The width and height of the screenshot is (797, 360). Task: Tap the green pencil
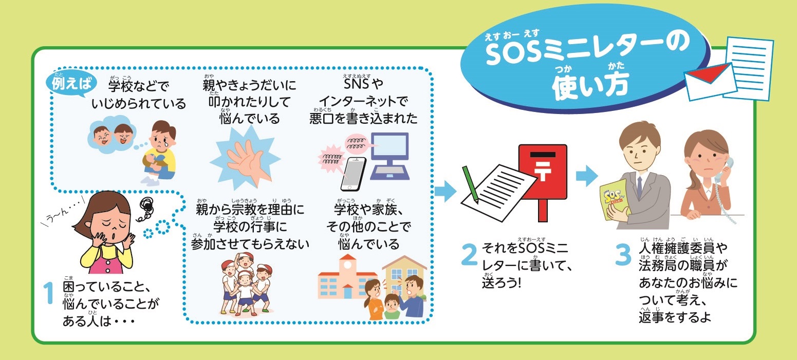[470, 184]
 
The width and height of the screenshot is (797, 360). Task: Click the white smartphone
[354, 174]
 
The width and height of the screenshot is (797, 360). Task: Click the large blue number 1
[48, 293]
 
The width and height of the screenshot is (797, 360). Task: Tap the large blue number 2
[470, 254]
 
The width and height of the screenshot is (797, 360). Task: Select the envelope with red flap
[710, 81]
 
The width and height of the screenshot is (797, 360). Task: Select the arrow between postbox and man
[587, 176]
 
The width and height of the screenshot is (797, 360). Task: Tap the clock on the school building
[347, 265]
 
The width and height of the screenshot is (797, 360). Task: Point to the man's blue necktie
[639, 186]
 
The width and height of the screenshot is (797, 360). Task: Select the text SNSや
[363, 84]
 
